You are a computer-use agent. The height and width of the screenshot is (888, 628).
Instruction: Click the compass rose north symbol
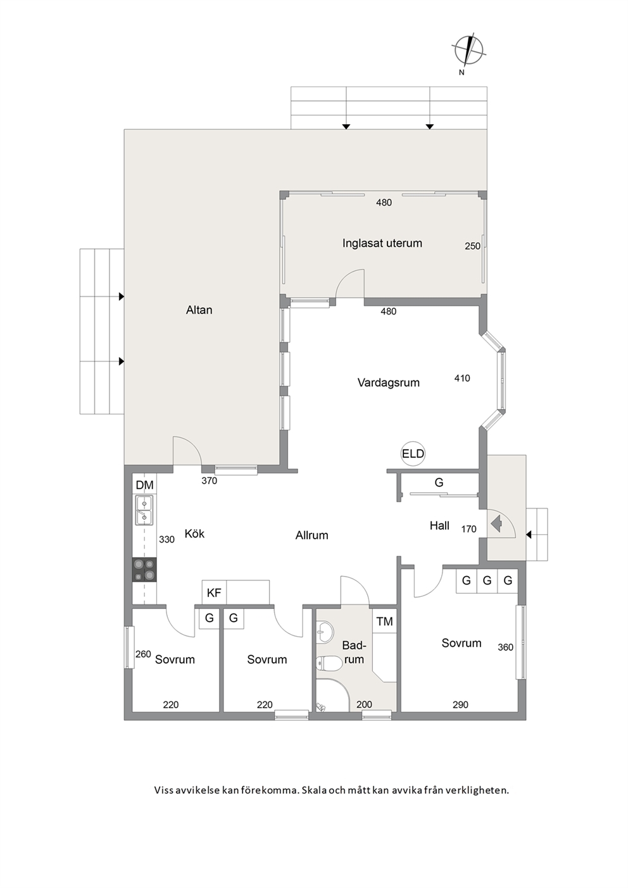pos(468,51)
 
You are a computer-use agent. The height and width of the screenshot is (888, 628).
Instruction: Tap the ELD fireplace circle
pos(413,454)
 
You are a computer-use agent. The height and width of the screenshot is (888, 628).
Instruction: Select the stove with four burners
pos(144,570)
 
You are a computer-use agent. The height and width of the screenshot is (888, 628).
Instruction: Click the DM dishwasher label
pos(144,485)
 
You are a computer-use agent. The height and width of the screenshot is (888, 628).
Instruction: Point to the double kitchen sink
pos(144,510)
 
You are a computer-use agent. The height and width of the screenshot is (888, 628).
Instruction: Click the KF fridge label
pos(214,593)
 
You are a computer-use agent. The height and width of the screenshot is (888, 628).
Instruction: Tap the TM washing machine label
pos(384,621)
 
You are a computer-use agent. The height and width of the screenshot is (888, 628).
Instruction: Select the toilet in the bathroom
pos(329,663)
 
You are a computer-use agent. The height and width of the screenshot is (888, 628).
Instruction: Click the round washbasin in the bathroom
pos(325,631)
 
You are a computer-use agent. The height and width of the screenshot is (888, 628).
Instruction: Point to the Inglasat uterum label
pos(382,243)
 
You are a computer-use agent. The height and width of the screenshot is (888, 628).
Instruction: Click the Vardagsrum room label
pos(389,382)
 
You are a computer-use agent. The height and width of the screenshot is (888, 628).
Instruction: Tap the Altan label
pos(199,310)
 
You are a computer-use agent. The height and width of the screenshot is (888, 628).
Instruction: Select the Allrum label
pos(311,535)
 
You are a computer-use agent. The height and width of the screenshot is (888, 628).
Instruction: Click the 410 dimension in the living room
pos(462,378)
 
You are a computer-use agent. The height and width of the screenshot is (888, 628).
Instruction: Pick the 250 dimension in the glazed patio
pos(473,246)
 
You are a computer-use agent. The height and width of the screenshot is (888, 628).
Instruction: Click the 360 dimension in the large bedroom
pos(505,647)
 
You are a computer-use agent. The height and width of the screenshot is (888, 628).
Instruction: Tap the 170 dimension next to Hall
pos(468,529)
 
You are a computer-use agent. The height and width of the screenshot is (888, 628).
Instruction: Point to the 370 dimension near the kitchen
pos(210,481)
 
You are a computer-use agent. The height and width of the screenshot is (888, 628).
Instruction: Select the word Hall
pos(440,526)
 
